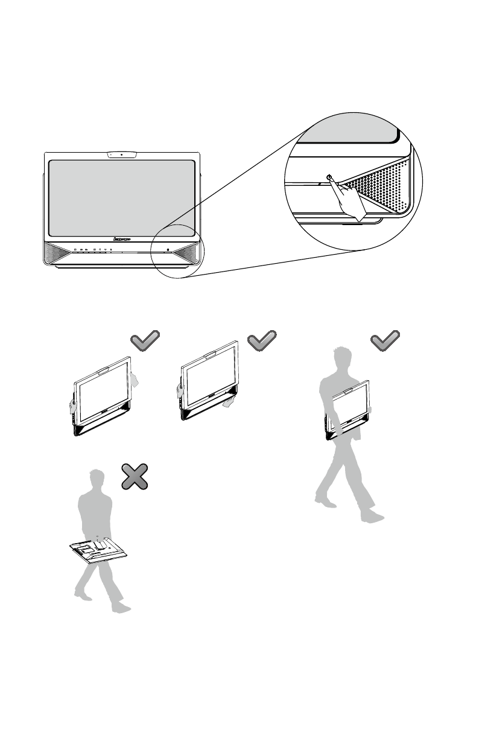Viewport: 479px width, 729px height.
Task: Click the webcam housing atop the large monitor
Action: tap(122, 154)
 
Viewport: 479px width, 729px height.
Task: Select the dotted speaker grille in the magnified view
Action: tap(380, 184)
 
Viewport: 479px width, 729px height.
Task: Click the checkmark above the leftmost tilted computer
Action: tap(145, 341)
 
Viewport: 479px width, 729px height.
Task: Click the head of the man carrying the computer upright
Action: tap(341, 358)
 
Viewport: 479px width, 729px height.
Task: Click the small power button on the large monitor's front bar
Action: tap(168, 249)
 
